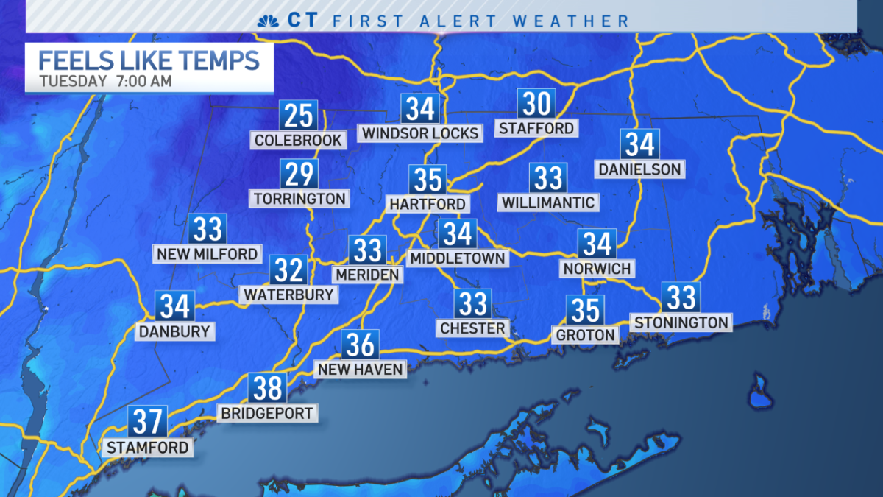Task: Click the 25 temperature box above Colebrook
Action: tap(298, 116)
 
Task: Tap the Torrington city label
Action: tap(299, 198)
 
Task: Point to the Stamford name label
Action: tap(147, 447)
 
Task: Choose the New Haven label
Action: tap(360, 369)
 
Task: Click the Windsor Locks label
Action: tap(420, 133)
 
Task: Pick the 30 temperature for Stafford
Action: tap(536, 105)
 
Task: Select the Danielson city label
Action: tap(639, 169)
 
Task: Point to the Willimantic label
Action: tap(547, 202)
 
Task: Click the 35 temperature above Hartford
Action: tap(428, 180)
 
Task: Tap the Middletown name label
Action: tap(457, 258)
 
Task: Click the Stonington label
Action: tap(681, 322)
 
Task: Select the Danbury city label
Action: tap(174, 331)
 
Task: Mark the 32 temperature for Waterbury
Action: tap(288, 270)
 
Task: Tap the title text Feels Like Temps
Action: tap(149, 60)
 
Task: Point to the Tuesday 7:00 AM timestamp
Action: tap(106, 82)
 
